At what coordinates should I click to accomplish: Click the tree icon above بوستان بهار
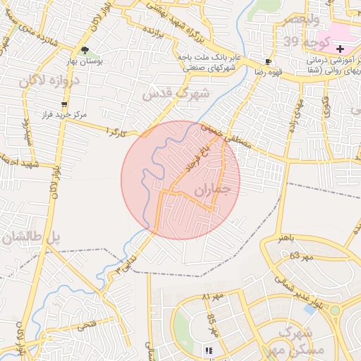(x=85, y=50)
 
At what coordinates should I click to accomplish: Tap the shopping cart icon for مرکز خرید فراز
(x=64, y=104)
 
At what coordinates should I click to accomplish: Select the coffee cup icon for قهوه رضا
(x=267, y=61)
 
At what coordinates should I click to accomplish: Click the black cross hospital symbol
(x=341, y=48)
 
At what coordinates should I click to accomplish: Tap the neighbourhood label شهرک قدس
(x=176, y=92)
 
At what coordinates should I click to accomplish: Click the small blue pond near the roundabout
(x=309, y=308)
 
